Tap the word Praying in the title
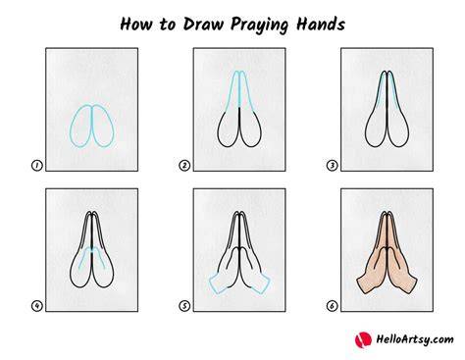tap(260, 26)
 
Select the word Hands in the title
tap(321, 24)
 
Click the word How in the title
tap(136, 24)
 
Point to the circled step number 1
tap(37, 166)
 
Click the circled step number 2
tap(184, 166)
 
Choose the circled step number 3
tap(332, 166)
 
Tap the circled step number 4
tap(37, 306)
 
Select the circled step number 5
tap(184, 306)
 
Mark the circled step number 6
tap(332, 306)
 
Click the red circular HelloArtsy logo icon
tap(363, 339)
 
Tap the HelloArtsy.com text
tap(415, 339)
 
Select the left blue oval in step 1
tap(71, 126)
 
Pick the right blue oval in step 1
tap(113, 126)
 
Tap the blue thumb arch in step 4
tap(92, 249)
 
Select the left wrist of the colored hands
tap(363, 283)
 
